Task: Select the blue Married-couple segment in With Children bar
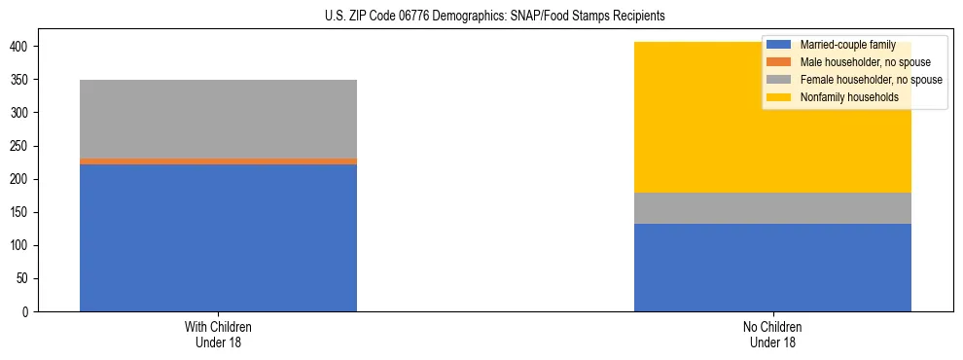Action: tap(218, 238)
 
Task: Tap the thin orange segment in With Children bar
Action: tap(218, 162)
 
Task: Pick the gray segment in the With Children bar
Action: tap(218, 119)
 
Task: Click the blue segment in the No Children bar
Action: tap(772, 268)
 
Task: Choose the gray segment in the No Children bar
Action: tap(772, 208)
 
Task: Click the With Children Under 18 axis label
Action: tap(218, 334)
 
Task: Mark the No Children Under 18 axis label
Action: tap(772, 334)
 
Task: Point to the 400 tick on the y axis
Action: tap(22, 47)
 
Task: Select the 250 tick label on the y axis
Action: tap(22, 146)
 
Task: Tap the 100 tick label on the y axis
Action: tap(22, 246)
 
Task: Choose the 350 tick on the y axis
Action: tap(22, 80)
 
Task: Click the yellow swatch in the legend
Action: tap(779, 97)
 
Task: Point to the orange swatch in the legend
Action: tap(779, 62)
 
